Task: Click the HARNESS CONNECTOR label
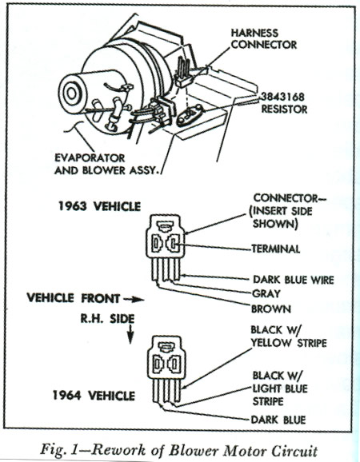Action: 263,38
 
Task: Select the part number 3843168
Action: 282,97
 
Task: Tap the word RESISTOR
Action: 284,110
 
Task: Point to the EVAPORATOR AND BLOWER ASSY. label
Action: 106,164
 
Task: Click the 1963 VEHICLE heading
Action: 99,206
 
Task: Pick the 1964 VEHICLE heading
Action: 94,395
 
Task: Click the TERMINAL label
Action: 276,249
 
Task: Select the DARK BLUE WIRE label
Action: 294,280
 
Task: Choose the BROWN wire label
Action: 271,309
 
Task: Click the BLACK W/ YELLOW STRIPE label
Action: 289,337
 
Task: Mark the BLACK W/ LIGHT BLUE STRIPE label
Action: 280,388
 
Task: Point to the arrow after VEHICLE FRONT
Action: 134,300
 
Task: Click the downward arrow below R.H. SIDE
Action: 130,334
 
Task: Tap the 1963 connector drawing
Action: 165,248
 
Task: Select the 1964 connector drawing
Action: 167,369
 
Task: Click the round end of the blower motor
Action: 70,94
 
